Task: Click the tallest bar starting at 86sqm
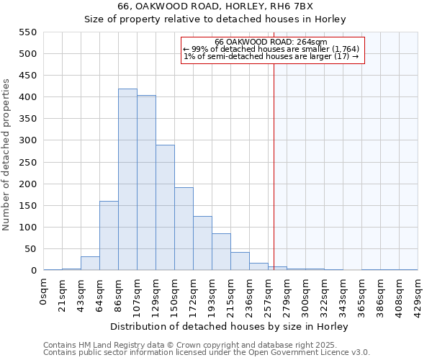[127, 180]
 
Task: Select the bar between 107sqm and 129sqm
[146, 184]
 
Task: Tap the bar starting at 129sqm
[165, 209]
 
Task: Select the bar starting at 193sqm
[221, 252]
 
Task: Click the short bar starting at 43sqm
[90, 264]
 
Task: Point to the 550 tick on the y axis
[27, 32]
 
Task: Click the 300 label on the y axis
[27, 140]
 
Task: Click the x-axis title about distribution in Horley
[230, 326]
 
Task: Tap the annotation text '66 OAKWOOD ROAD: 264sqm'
[271, 42]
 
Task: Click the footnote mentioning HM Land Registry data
[206, 345]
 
